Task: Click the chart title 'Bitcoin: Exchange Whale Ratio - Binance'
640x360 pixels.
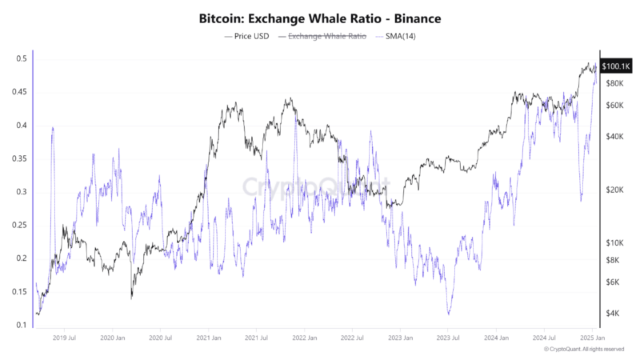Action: click(319, 17)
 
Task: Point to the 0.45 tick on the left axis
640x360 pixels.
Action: click(22, 92)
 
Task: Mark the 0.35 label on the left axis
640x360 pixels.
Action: click(22, 158)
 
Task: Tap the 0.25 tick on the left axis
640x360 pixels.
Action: click(22, 226)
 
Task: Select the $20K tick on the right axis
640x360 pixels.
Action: click(614, 190)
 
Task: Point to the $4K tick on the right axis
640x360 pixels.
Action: click(614, 312)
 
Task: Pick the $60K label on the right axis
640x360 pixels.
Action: click(614, 106)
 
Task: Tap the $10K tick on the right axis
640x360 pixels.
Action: click(614, 242)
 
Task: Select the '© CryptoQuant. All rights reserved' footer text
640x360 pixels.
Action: click(583, 350)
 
